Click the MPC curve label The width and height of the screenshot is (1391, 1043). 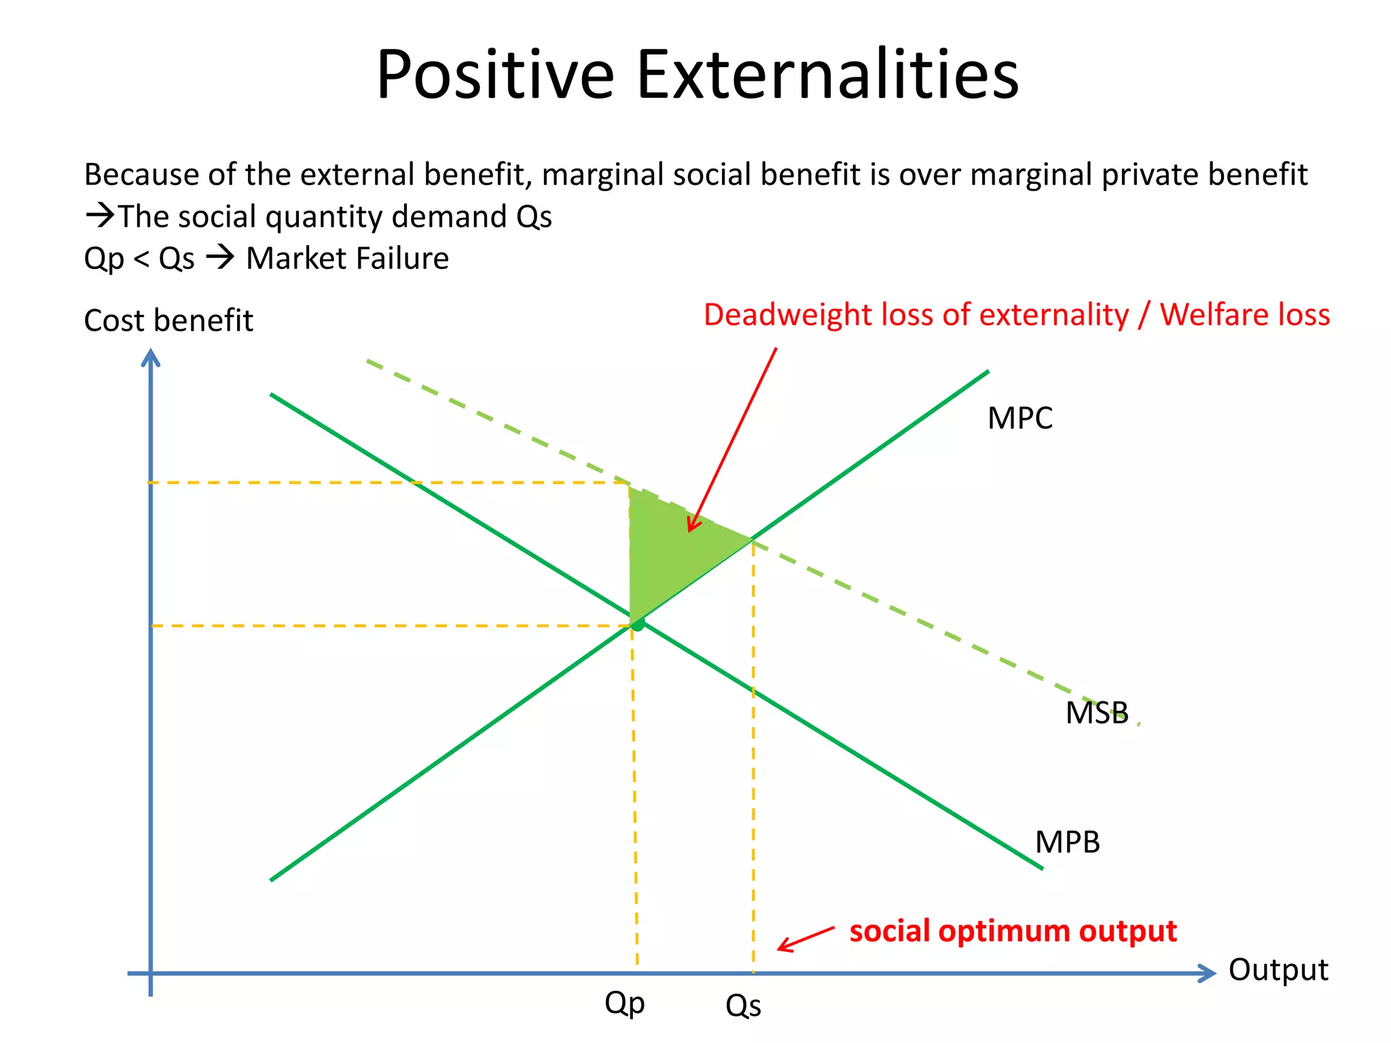1019,418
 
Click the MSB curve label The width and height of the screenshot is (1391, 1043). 1096,713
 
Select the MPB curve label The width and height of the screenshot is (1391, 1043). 1066,842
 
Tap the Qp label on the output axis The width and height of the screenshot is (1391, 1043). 624,1003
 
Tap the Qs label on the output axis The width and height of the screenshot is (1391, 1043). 743,1006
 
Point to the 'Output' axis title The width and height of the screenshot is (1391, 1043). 1278,970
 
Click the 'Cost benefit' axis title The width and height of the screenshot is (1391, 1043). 168,321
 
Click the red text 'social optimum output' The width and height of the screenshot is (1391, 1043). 1013,931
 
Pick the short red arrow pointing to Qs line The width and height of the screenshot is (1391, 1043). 806,938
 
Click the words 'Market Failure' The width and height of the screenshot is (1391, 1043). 347,259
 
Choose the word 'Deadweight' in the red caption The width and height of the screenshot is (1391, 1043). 787,315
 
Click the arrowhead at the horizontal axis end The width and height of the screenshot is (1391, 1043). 1206,973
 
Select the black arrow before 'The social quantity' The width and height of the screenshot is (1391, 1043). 100,216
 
